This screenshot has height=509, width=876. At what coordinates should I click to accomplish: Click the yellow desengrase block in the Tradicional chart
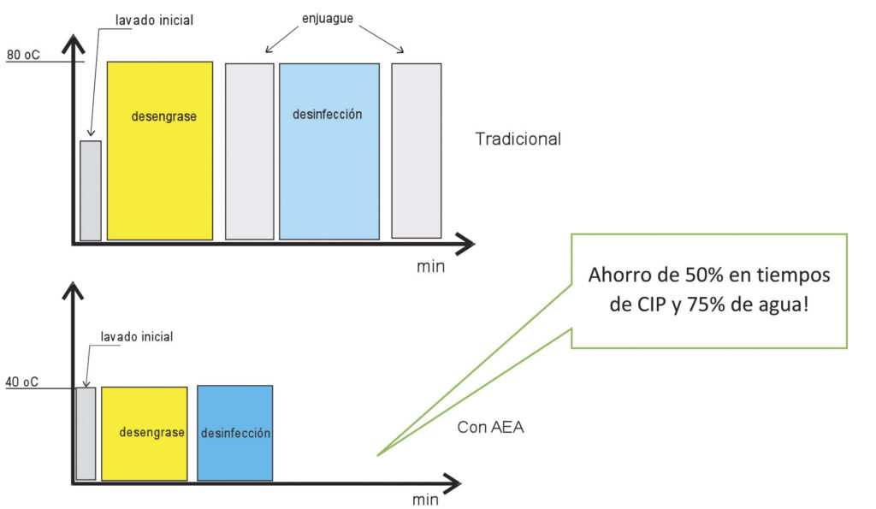click(x=159, y=151)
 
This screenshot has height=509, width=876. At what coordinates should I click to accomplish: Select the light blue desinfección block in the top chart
click(x=328, y=151)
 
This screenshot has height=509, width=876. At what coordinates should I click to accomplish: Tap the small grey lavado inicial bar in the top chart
click(x=91, y=190)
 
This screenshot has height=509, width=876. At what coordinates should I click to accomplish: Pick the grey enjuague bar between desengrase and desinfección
click(x=249, y=151)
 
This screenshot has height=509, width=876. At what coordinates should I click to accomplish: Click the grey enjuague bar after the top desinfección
click(x=416, y=151)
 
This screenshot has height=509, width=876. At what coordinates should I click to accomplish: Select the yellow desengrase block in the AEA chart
click(x=144, y=433)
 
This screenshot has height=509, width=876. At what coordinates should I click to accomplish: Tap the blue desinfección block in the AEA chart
click(x=235, y=433)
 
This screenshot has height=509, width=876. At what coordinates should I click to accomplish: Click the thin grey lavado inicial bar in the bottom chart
click(x=86, y=433)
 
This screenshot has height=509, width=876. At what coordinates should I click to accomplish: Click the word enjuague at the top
click(x=328, y=17)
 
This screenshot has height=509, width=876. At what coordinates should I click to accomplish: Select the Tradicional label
click(x=518, y=139)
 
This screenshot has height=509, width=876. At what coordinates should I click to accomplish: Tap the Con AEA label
click(x=490, y=427)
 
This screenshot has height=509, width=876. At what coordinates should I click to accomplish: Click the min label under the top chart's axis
click(x=430, y=266)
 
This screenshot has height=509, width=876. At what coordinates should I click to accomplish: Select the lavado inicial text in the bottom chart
click(x=136, y=337)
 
